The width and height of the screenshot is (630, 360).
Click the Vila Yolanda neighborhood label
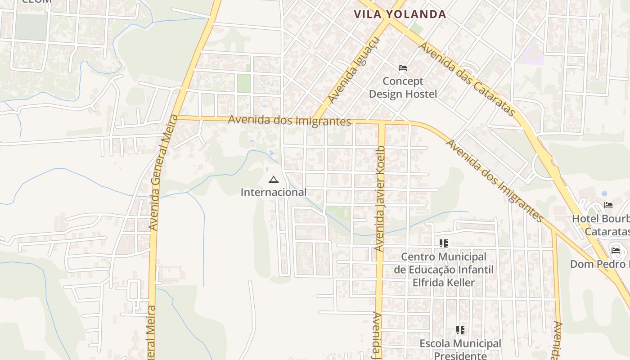(x=400, y=14)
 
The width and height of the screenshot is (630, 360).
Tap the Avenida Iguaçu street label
(x=354, y=71)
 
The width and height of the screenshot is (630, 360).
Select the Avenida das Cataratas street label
(x=467, y=79)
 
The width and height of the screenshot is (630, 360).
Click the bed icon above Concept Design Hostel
(x=403, y=68)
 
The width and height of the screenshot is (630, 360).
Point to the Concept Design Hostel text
(x=403, y=88)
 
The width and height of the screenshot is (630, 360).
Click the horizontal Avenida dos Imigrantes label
(x=289, y=121)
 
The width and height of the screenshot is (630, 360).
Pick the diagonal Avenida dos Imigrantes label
(x=495, y=180)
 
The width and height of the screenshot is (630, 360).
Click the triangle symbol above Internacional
(x=273, y=180)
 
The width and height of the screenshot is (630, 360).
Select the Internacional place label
(x=273, y=192)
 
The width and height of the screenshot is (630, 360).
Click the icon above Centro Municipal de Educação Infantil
(x=444, y=243)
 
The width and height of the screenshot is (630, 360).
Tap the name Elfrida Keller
(x=444, y=283)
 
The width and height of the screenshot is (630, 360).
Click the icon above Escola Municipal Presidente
(x=460, y=330)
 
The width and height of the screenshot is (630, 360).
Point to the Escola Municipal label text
(x=460, y=343)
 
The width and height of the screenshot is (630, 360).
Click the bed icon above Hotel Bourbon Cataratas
(x=608, y=206)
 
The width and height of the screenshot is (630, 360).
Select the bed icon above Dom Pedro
(x=616, y=250)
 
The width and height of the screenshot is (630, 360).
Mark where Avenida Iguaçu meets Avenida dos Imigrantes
(x=315, y=119)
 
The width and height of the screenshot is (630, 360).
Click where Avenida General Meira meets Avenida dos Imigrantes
(x=176, y=117)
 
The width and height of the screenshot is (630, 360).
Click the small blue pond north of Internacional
(x=271, y=153)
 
